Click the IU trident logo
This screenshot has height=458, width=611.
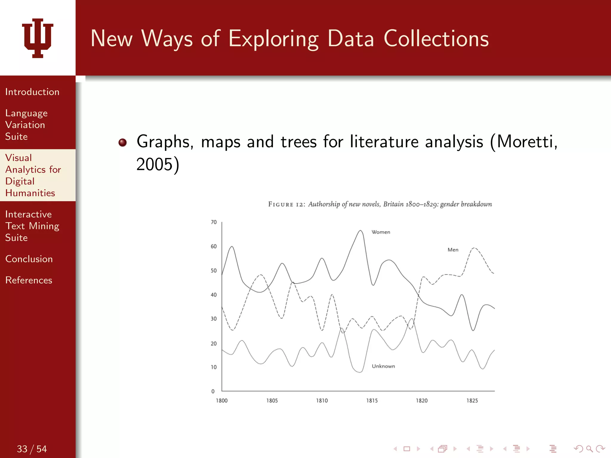38,38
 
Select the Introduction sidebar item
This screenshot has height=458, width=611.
32,92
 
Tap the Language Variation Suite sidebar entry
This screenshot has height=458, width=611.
26,125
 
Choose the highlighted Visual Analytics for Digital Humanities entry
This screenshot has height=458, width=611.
33,175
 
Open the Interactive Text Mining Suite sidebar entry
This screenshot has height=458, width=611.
32,226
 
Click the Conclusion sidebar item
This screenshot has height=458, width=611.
29,259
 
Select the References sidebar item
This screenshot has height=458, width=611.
29,280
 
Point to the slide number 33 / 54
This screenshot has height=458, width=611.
32,449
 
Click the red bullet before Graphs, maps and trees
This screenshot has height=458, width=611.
123,143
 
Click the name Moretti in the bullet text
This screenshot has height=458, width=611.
525,141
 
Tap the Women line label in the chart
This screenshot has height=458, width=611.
381,232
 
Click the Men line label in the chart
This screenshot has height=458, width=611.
453,250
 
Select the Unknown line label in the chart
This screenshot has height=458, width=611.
383,366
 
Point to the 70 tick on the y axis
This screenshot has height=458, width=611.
214,222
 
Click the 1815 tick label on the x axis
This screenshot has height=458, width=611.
372,400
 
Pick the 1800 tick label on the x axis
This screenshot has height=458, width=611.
222,400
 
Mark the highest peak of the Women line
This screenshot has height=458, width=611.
360,230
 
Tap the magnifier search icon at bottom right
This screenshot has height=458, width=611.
589,449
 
